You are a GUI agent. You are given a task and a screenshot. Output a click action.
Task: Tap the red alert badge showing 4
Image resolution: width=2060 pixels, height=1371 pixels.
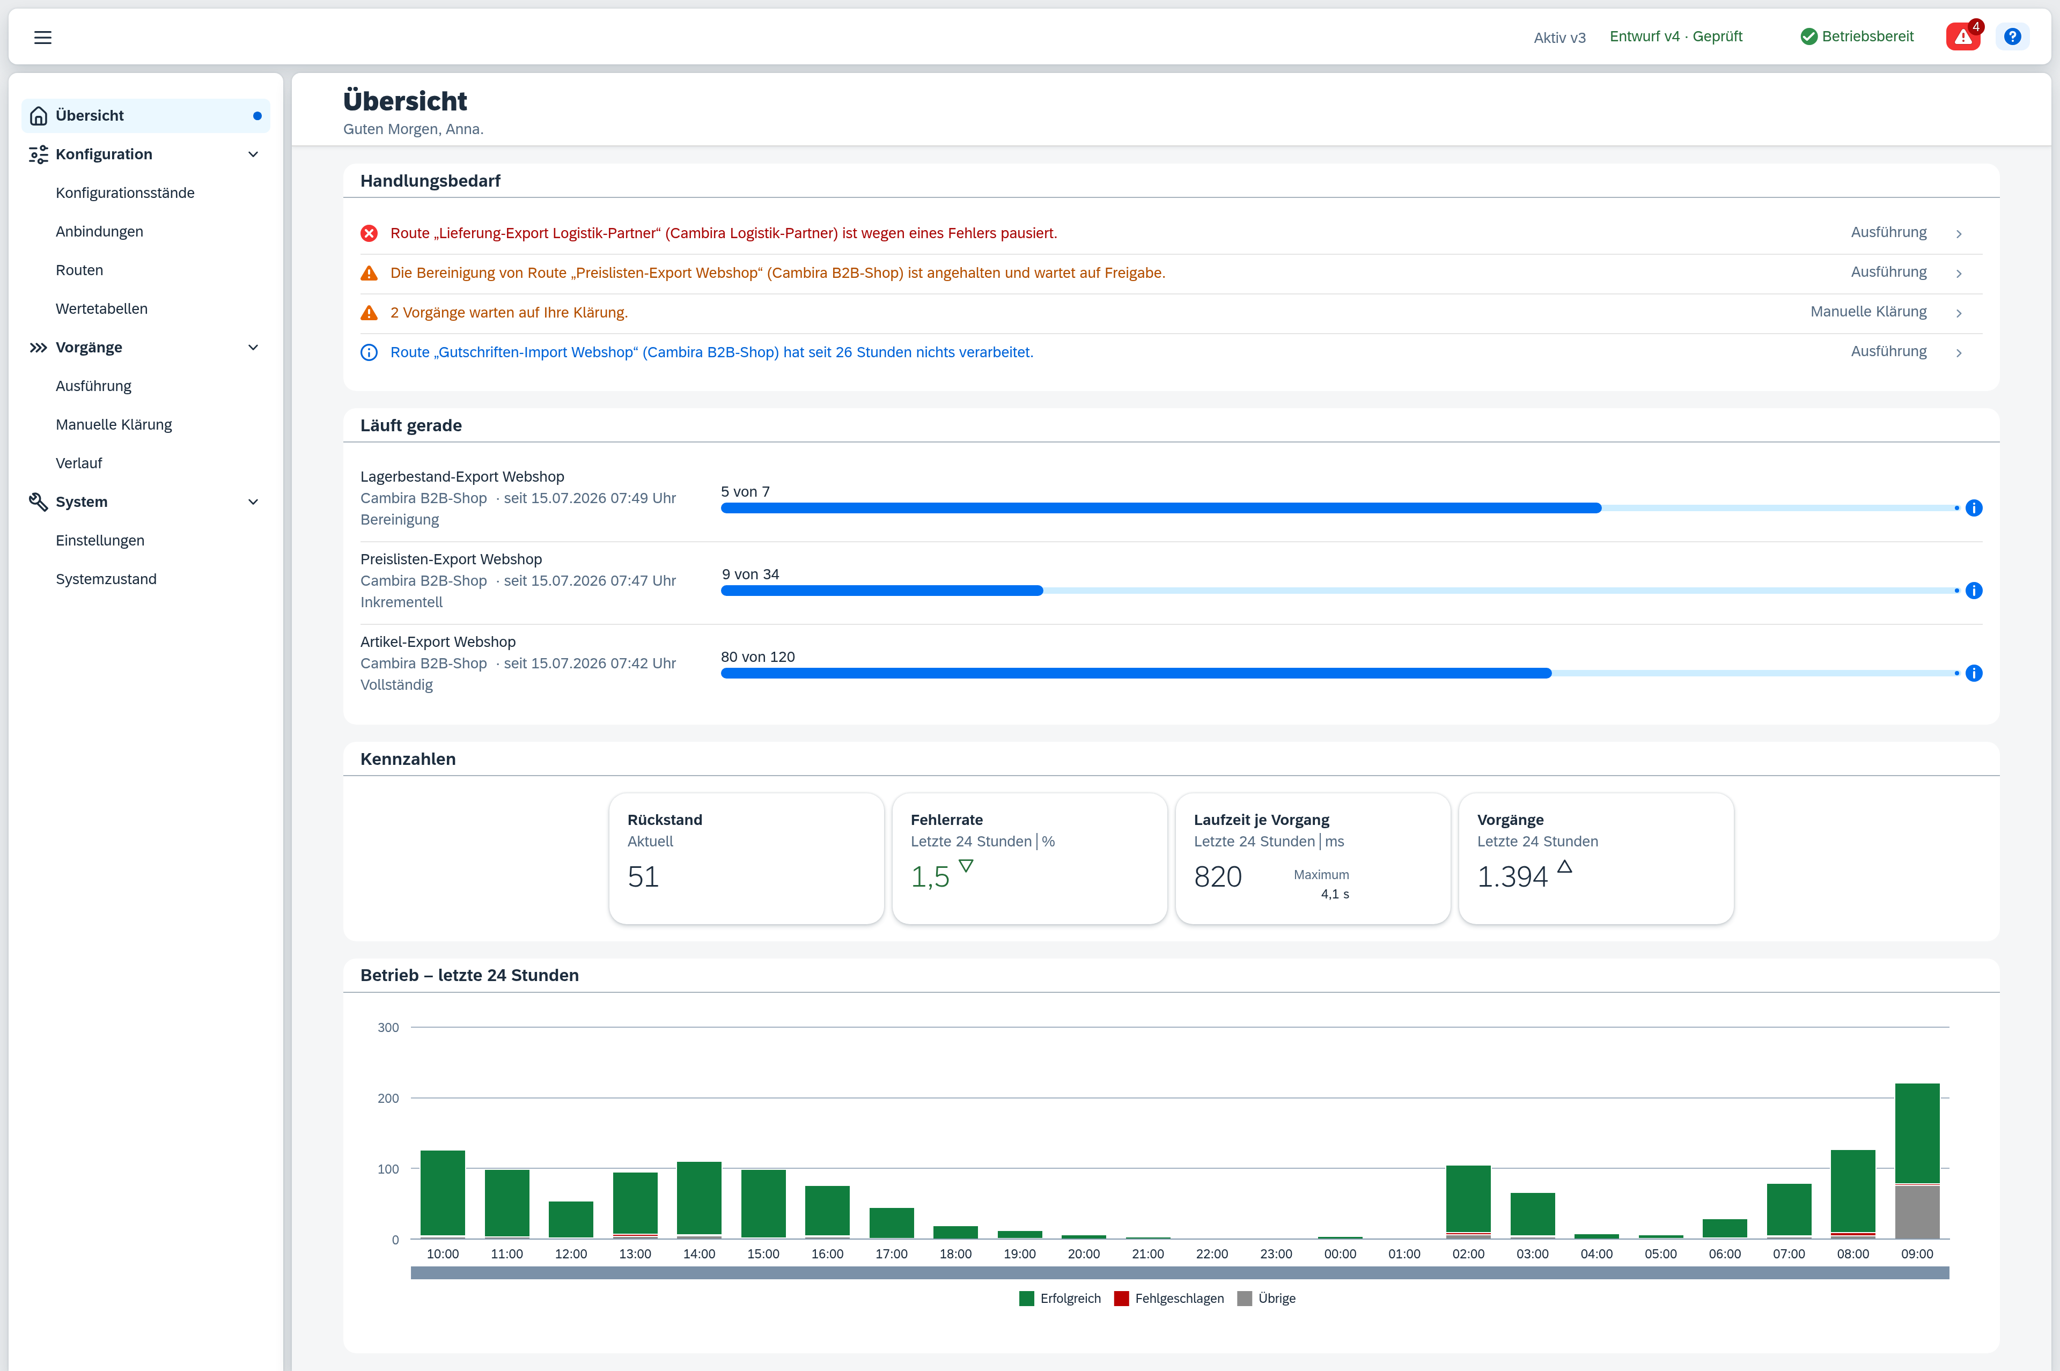[x=1963, y=36]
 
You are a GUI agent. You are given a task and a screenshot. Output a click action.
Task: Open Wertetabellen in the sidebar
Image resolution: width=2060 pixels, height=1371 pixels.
[x=101, y=308]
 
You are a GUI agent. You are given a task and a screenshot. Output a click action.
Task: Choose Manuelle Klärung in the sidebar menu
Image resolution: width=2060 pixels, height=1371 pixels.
[x=114, y=425]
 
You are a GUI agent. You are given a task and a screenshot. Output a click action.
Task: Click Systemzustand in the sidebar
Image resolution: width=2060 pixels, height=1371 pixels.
[x=106, y=579]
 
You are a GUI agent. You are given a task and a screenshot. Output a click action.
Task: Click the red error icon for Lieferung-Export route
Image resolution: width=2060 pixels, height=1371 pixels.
[x=369, y=233]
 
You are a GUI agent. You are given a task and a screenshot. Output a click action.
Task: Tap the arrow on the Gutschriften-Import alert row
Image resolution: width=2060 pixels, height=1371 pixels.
[x=1959, y=352]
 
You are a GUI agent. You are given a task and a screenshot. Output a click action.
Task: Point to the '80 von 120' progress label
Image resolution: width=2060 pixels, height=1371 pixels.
[x=757, y=657]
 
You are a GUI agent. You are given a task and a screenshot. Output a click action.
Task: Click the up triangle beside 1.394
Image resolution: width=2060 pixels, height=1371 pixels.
[x=1564, y=866]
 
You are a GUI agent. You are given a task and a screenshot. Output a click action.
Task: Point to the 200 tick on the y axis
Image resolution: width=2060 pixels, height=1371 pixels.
[x=388, y=1098]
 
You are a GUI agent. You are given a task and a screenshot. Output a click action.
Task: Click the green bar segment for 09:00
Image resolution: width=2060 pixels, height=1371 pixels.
[x=1917, y=1133]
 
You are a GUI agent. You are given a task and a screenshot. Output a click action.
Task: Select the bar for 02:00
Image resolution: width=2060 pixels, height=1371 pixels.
[x=1468, y=1202]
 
